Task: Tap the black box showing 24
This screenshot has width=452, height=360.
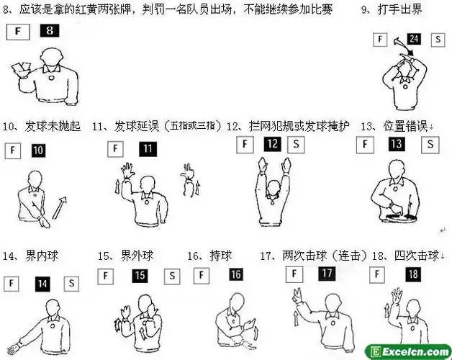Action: click(x=413, y=39)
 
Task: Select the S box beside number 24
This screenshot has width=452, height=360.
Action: click(x=436, y=40)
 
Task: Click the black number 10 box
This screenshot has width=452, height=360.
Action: click(x=38, y=150)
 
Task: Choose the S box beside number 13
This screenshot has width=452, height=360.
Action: click(x=430, y=145)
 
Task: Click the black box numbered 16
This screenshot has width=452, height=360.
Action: click(x=235, y=274)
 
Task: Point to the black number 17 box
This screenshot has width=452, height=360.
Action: click(x=326, y=274)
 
